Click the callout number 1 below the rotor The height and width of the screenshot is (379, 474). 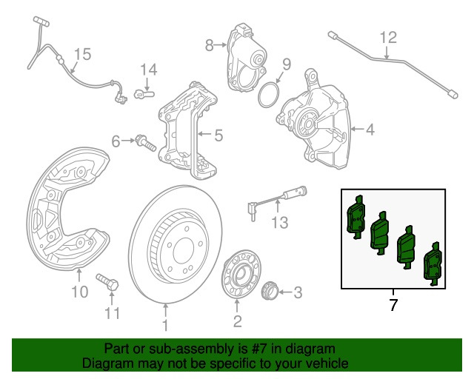165,324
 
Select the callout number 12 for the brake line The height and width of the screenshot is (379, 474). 389,37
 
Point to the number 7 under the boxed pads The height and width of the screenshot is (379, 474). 393,304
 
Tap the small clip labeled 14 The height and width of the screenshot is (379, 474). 144,93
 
